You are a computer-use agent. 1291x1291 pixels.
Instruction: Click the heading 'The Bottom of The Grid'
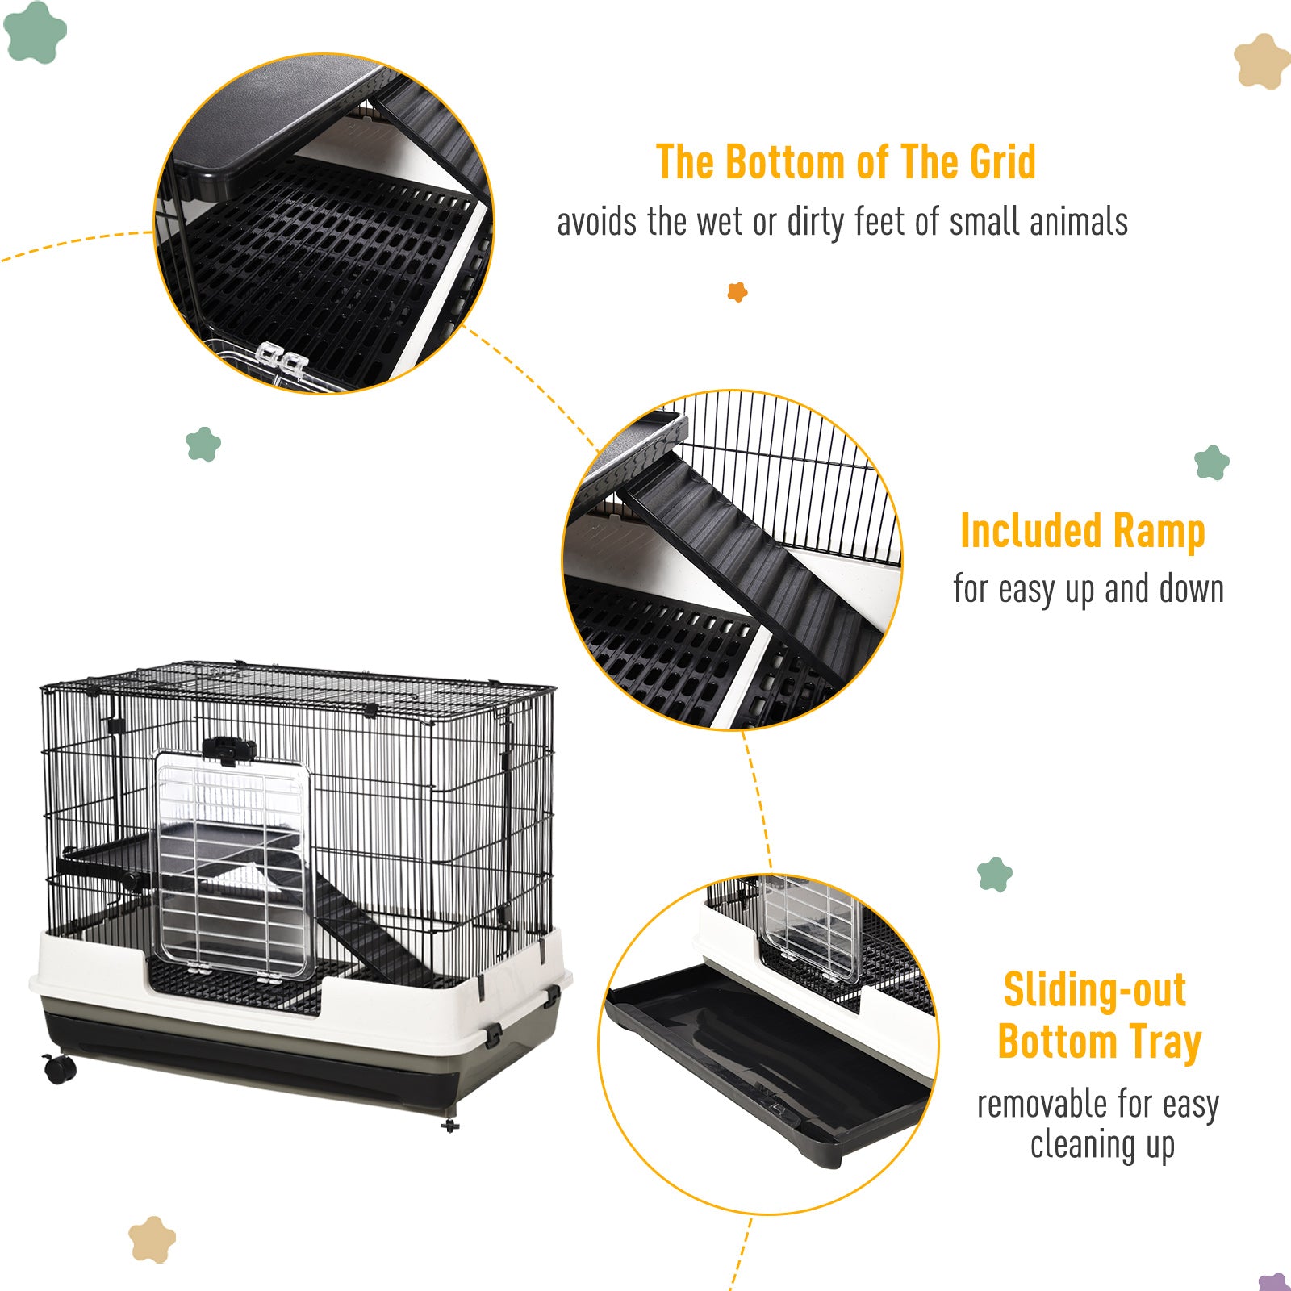coord(846,162)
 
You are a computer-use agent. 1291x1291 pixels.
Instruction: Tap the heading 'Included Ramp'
coord(1083,532)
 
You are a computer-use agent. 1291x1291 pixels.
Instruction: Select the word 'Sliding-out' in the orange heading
coord(1095,989)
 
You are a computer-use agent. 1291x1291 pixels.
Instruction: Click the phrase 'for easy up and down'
coord(1088,589)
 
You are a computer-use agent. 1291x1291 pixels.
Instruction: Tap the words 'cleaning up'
coord(1102,1145)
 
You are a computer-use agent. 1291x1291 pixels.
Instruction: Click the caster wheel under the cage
coord(60,1068)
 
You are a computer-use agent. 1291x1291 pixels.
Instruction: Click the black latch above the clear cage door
coord(229,750)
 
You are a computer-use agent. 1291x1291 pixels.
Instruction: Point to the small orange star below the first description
coord(737,291)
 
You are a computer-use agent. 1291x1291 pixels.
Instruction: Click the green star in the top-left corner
coord(35,31)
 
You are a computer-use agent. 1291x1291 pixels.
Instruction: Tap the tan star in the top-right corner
coord(1261,61)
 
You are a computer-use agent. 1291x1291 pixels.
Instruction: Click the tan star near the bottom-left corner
coord(152,1239)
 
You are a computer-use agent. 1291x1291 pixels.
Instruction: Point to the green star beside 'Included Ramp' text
coord(1212,462)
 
